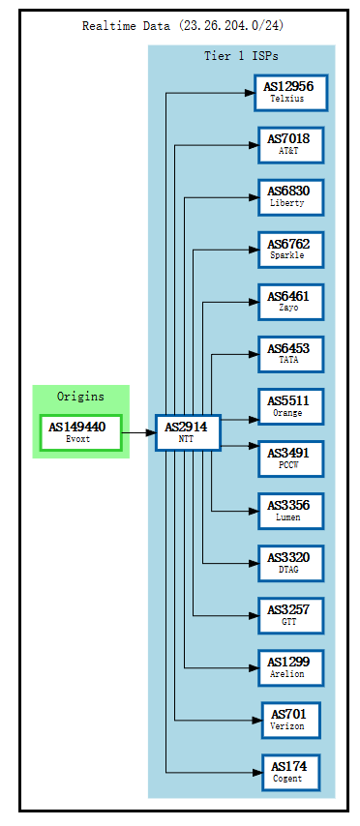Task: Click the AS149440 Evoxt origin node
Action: coord(81,432)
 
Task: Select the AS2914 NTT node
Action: coord(188,432)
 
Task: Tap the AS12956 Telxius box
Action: coord(290,93)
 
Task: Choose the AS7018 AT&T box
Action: coord(290,145)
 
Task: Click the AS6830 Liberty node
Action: coord(290,197)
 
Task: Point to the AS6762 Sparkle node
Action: coord(290,250)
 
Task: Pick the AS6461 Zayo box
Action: coord(290,302)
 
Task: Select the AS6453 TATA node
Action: coord(290,354)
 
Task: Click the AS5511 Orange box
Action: coord(290,406)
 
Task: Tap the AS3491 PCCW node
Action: coord(290,458)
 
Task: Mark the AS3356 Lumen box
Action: coord(290,511)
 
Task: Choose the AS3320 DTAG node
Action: coord(290,563)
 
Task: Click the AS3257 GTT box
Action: coord(290,615)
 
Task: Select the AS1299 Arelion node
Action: coord(290,667)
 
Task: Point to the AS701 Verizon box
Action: coord(290,720)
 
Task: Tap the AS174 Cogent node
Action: coord(290,772)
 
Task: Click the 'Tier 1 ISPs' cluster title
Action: coord(241,56)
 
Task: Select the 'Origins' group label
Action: coord(80,397)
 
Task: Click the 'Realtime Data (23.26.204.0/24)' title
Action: coord(183,26)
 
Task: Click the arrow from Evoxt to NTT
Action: coord(138,432)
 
